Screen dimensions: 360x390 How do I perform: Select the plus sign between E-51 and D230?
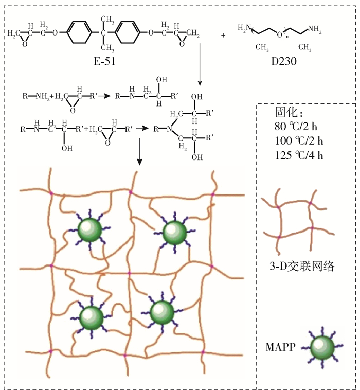(223, 36)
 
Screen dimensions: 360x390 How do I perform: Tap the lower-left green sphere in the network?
(92, 315)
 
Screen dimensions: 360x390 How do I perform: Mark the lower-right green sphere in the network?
(163, 311)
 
